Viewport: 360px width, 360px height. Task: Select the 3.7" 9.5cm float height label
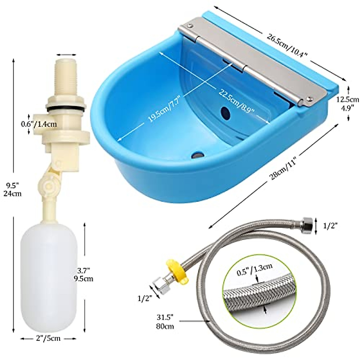click(x=84, y=275)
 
